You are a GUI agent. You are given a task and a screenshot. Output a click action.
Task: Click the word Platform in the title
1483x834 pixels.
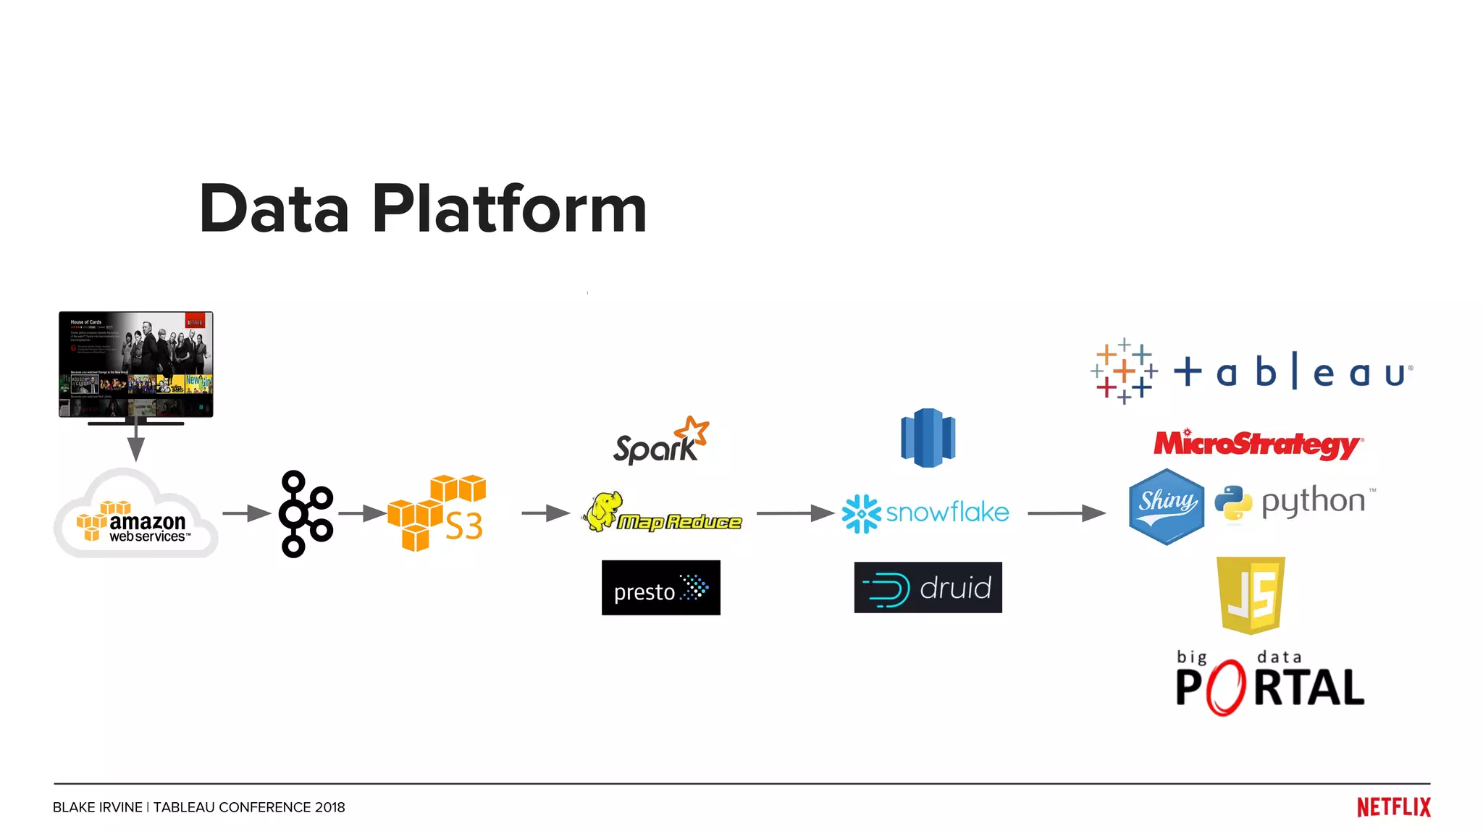pyautogui.click(x=509, y=210)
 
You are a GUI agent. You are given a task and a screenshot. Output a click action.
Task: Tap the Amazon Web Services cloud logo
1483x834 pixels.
pyautogui.click(x=135, y=516)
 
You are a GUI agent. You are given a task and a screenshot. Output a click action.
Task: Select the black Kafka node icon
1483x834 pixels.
pyautogui.click(x=305, y=514)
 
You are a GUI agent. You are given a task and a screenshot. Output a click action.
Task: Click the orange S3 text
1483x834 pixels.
pyautogui.click(x=463, y=526)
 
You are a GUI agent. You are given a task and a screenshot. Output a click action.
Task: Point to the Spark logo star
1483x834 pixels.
pyautogui.click(x=694, y=430)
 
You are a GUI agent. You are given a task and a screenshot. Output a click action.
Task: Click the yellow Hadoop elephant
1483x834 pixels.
pyautogui.click(x=603, y=511)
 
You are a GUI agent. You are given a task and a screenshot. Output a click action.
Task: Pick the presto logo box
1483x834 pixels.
pyautogui.click(x=660, y=588)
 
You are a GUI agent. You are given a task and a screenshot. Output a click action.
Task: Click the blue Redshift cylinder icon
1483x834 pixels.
pyautogui.click(x=928, y=438)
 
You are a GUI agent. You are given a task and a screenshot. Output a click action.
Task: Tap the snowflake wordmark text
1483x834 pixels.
pyautogui.click(x=947, y=513)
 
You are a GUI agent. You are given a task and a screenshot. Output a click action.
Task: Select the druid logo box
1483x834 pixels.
pyautogui.click(x=928, y=588)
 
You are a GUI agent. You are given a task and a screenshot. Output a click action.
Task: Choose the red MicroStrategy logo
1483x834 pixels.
pyautogui.click(x=1258, y=444)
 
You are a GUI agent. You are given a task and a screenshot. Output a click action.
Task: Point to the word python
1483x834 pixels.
pyautogui.click(x=1313, y=501)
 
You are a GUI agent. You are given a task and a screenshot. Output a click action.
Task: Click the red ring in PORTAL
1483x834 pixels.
pyautogui.click(x=1225, y=687)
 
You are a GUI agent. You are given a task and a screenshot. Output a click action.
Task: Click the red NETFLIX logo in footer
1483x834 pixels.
pyautogui.click(x=1393, y=807)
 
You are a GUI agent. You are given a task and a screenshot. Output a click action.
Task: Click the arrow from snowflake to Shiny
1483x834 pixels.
pyautogui.click(x=1066, y=513)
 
